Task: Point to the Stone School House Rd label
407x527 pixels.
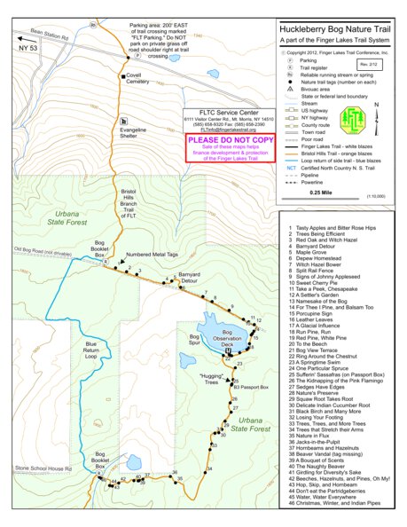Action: coord(43,467)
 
